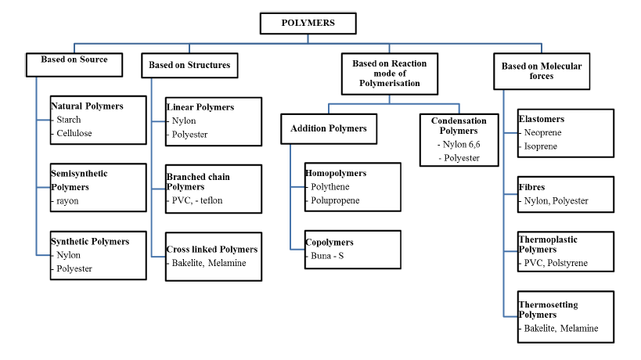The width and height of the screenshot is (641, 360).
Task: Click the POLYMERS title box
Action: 308,23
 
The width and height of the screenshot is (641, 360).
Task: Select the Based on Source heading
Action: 74,59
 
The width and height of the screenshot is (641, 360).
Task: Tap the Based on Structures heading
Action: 189,65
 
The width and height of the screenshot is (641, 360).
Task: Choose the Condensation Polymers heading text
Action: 458,125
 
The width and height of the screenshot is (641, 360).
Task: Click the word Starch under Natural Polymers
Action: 69,120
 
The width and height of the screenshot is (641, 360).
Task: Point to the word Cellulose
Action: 74,133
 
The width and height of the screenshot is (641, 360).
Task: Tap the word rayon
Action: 67,200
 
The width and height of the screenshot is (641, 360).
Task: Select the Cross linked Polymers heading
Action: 212,250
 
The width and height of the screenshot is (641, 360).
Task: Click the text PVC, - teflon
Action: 197,200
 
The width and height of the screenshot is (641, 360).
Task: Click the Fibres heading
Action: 532,187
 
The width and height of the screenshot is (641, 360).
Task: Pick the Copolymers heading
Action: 330,243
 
